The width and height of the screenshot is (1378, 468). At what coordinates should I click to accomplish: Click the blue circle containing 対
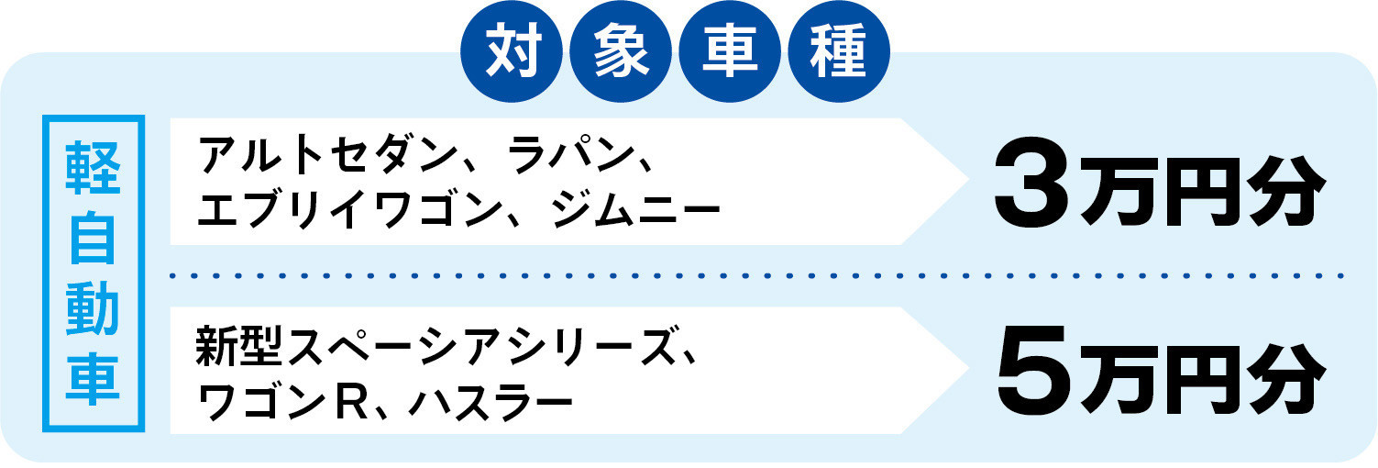(512, 51)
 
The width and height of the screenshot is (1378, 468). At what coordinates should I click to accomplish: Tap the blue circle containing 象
(621, 51)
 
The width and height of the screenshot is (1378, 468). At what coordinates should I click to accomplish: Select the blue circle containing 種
(839, 51)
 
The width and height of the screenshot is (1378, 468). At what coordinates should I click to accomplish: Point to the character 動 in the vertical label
(93, 308)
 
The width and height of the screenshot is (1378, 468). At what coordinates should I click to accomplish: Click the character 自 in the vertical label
(93, 238)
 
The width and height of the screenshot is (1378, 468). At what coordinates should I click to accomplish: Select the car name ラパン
(571, 154)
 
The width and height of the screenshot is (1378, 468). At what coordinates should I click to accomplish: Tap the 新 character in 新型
(216, 347)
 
